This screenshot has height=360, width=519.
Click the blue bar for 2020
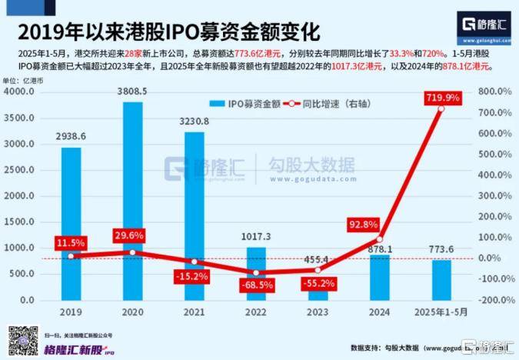click(x=133, y=200)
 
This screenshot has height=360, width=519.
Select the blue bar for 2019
click(x=72, y=223)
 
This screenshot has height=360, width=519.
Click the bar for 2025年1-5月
click(x=441, y=280)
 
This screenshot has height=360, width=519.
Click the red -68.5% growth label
click(x=256, y=285)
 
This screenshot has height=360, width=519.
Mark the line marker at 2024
click(x=379, y=239)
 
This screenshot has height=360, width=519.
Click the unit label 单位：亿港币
click(x=24, y=81)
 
